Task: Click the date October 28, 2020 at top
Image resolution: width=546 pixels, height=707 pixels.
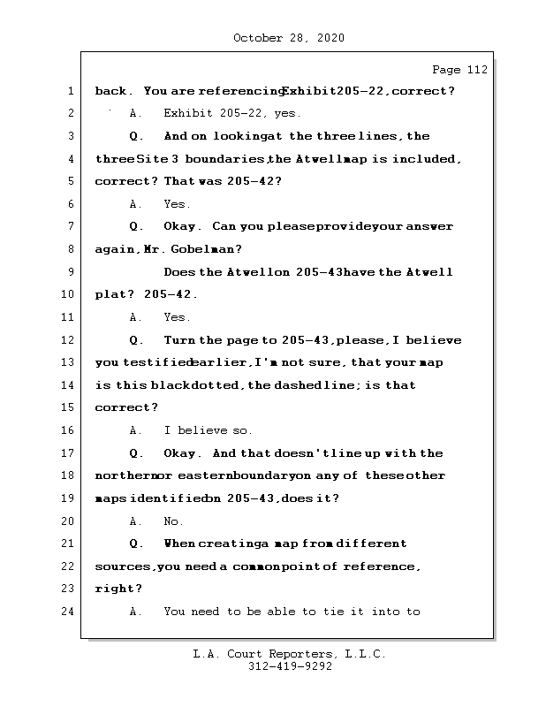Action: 289,38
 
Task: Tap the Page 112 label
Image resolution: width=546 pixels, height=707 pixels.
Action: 459,70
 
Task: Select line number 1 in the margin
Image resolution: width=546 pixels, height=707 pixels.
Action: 71,91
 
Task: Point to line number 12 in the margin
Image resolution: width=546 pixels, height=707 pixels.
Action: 69,340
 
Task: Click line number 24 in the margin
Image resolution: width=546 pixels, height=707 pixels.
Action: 69,612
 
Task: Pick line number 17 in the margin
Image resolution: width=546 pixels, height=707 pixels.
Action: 69,453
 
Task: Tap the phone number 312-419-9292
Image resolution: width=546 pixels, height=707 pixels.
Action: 290,667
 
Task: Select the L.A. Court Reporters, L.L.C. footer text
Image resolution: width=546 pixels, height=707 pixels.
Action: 289,654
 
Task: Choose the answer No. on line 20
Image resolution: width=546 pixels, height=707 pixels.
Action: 173,521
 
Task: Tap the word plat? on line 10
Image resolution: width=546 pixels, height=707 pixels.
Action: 113,294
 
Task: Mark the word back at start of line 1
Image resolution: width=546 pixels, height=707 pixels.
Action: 111,91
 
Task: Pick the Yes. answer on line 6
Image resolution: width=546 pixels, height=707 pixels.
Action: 177,204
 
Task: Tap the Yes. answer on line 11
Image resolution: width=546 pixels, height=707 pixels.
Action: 177,317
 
